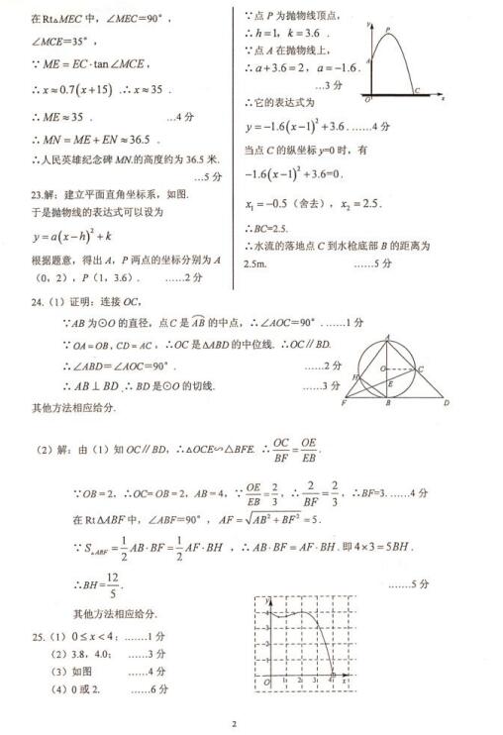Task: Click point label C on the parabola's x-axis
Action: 417,90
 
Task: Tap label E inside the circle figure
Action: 392,384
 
